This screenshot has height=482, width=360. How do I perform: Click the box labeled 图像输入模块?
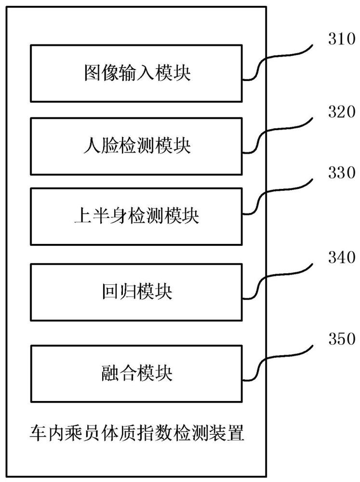tap(137, 73)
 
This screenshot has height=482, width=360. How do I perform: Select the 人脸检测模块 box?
tap(137, 146)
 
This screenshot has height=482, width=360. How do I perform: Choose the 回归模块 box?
tap(137, 293)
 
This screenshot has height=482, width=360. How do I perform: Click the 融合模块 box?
tap(137, 373)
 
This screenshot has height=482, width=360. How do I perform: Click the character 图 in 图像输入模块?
tap(92, 73)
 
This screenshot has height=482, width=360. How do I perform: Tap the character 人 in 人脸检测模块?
tap(92, 146)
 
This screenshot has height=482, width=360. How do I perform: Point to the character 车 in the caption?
tap(36, 435)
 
